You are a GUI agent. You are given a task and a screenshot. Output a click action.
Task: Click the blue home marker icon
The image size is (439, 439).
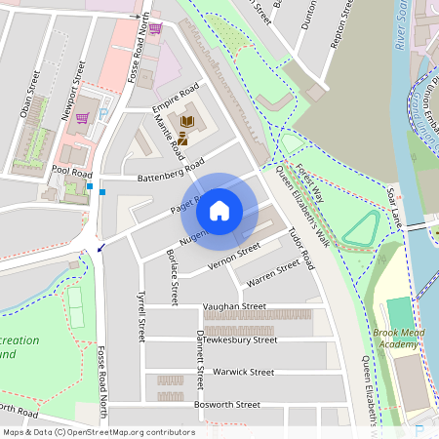pos(219,210)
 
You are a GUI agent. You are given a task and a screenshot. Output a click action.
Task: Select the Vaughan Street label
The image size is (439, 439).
pos(234,306)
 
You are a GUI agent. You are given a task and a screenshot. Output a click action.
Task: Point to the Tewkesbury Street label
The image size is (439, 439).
pos(239,339)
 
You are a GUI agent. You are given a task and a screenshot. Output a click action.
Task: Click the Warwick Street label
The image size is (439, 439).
pos(243,372)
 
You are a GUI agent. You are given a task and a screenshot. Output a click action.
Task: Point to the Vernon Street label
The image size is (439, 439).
pos(234,257)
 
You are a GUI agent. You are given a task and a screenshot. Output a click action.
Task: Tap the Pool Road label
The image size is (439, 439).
pos(71,171)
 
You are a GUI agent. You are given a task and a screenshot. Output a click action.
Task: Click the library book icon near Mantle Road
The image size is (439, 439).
pos(188,122)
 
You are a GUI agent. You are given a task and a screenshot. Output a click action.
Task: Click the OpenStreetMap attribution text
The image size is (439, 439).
pos(99,432)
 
